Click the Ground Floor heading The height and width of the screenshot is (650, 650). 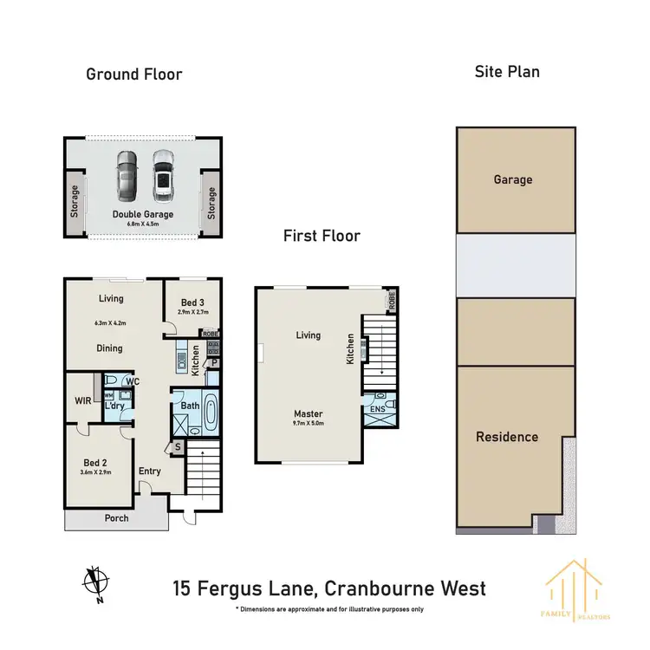click(x=133, y=75)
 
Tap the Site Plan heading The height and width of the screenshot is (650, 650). click(x=506, y=72)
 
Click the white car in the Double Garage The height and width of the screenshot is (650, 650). click(x=162, y=176)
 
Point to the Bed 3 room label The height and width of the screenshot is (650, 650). click(x=193, y=302)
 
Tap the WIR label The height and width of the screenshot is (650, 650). click(x=82, y=400)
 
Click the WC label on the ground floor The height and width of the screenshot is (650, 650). click(x=133, y=380)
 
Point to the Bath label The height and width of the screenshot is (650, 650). click(x=191, y=405)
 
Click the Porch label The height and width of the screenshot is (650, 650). click(x=116, y=518)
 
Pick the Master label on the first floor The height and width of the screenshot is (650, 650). click(x=309, y=413)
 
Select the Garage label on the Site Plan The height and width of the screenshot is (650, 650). click(x=513, y=180)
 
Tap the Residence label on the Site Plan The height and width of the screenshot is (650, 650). click(x=507, y=437)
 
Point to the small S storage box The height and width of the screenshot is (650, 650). click(x=178, y=447)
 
